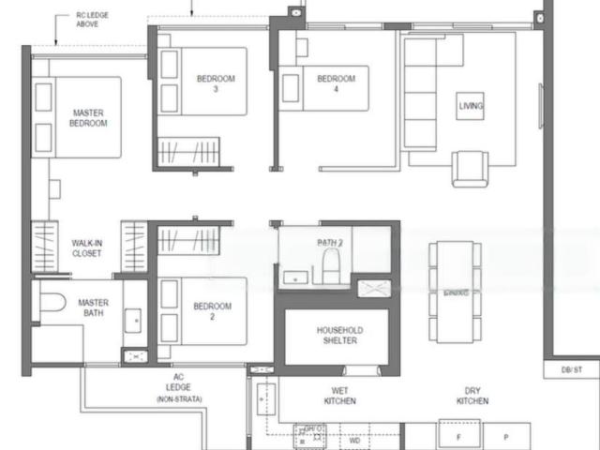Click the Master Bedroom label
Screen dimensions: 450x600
(x=89, y=118)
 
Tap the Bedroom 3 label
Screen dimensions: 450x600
(x=216, y=84)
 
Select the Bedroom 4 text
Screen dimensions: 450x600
(x=337, y=84)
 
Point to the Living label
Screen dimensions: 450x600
(x=472, y=106)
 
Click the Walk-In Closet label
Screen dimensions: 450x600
(x=88, y=247)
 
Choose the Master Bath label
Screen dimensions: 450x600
(x=94, y=308)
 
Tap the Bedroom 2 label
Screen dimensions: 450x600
(x=212, y=311)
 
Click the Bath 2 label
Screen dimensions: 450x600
(x=329, y=243)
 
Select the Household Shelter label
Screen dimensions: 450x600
(x=338, y=336)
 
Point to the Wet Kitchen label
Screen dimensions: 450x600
(x=341, y=396)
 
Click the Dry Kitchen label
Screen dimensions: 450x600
(x=472, y=396)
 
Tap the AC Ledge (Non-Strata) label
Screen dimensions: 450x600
(x=178, y=387)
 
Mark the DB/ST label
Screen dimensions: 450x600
(x=572, y=370)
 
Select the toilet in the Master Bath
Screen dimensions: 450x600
(x=52, y=304)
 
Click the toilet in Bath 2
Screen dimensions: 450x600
(x=328, y=267)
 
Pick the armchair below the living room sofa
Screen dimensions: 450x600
(x=470, y=169)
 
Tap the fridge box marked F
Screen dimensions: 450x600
(x=458, y=437)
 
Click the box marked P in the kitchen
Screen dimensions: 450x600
(x=504, y=437)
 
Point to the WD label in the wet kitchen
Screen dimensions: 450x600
(x=354, y=439)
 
